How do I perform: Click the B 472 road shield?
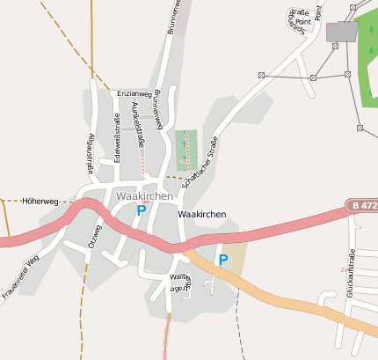[x=361, y=205]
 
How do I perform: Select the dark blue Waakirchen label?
[x=201, y=215]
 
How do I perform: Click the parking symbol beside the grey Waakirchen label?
[x=142, y=210]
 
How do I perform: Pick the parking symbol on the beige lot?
[x=223, y=260]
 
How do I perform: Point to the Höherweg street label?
[x=40, y=201]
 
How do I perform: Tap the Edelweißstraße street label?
[x=117, y=138]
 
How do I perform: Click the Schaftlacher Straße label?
[x=201, y=162]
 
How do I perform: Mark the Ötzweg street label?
[x=94, y=238]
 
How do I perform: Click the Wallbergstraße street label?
[x=179, y=282]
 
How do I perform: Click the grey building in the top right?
[x=342, y=32]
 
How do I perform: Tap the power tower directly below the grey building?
[x=334, y=46]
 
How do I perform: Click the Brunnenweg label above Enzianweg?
[x=174, y=16]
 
